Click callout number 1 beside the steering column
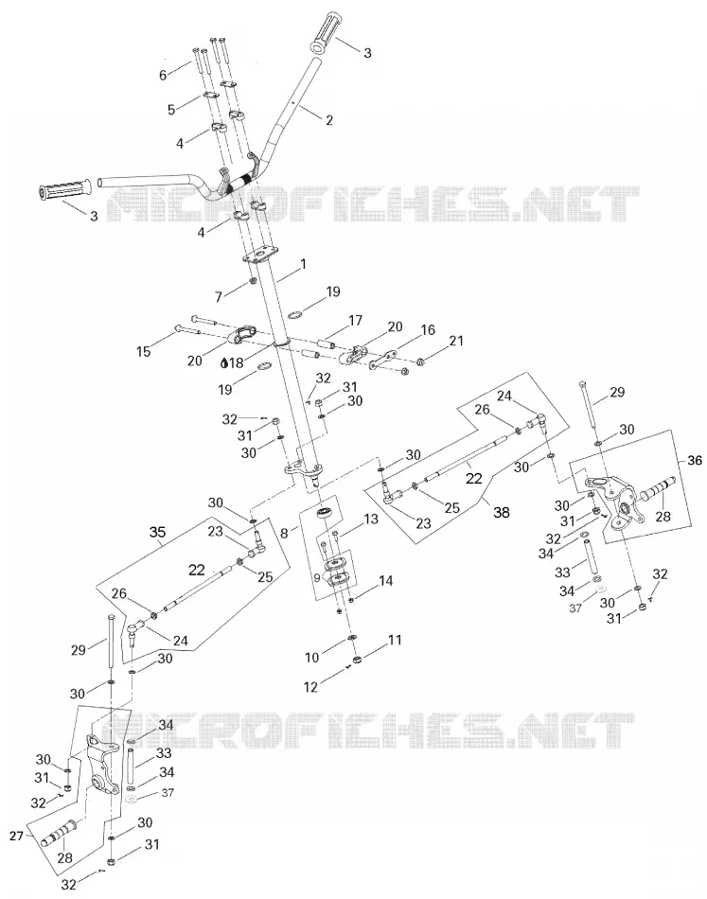click(303, 264)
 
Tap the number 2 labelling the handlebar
click(329, 120)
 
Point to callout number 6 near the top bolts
click(163, 75)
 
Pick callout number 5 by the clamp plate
click(171, 110)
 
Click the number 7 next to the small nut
click(218, 297)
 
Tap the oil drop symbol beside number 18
click(225, 362)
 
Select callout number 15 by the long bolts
click(143, 351)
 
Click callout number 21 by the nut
click(456, 341)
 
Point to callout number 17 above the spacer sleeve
click(356, 320)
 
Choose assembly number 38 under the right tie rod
click(502, 511)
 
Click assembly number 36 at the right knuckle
click(695, 461)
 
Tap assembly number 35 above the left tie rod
click(158, 532)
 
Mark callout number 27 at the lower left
click(17, 836)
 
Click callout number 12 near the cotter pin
click(310, 686)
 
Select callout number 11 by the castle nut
click(395, 640)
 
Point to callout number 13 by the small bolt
click(371, 519)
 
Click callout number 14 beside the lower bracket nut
click(386, 581)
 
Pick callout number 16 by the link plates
click(428, 329)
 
